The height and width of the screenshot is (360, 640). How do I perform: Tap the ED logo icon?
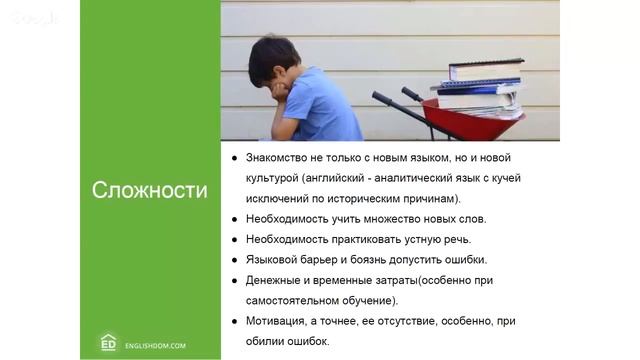tap(109, 342)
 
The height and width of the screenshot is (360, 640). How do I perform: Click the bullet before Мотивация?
tap(235, 321)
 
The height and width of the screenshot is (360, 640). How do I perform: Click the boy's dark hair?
tap(272, 55)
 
